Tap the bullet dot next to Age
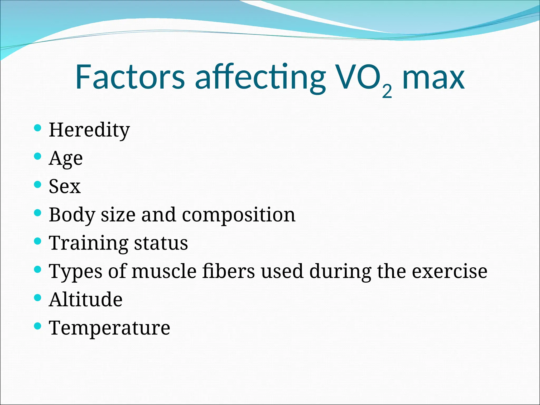[38, 156]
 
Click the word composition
[239, 215]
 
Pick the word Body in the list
[72, 215]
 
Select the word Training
[89, 243]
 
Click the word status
[161, 243]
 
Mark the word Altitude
[86, 300]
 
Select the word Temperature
[109, 328]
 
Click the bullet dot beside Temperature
[38, 326]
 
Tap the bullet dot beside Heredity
[38, 128]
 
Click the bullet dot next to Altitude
[38, 298]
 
